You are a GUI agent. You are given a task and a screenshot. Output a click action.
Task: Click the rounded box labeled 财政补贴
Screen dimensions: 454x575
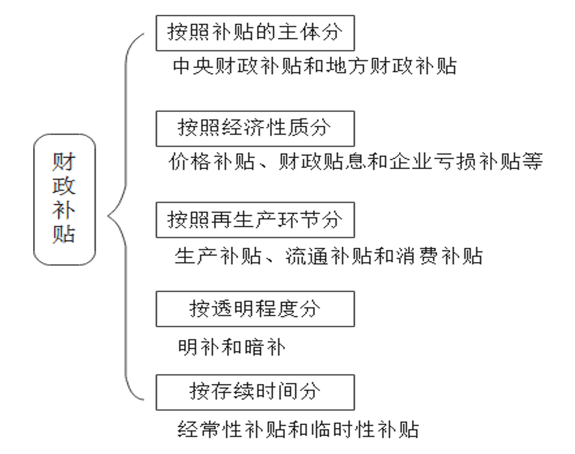(x=64, y=199)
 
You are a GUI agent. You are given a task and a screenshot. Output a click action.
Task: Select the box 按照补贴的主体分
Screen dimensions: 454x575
(x=255, y=33)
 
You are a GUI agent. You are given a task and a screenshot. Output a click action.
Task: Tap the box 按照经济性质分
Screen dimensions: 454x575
(x=255, y=128)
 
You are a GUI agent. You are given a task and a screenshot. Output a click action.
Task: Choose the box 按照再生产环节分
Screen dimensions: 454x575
(x=255, y=220)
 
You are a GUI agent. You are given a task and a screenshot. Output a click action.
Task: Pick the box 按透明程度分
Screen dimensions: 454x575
(x=255, y=309)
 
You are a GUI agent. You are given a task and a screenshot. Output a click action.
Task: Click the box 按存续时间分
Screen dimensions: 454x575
(x=255, y=392)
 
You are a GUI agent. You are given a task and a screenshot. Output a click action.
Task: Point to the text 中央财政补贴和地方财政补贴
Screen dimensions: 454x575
(x=314, y=66)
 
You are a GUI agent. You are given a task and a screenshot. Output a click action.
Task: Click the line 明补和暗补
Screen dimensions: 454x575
(x=232, y=348)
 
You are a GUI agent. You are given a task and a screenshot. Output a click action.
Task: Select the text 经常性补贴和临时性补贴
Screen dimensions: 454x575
(x=298, y=429)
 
